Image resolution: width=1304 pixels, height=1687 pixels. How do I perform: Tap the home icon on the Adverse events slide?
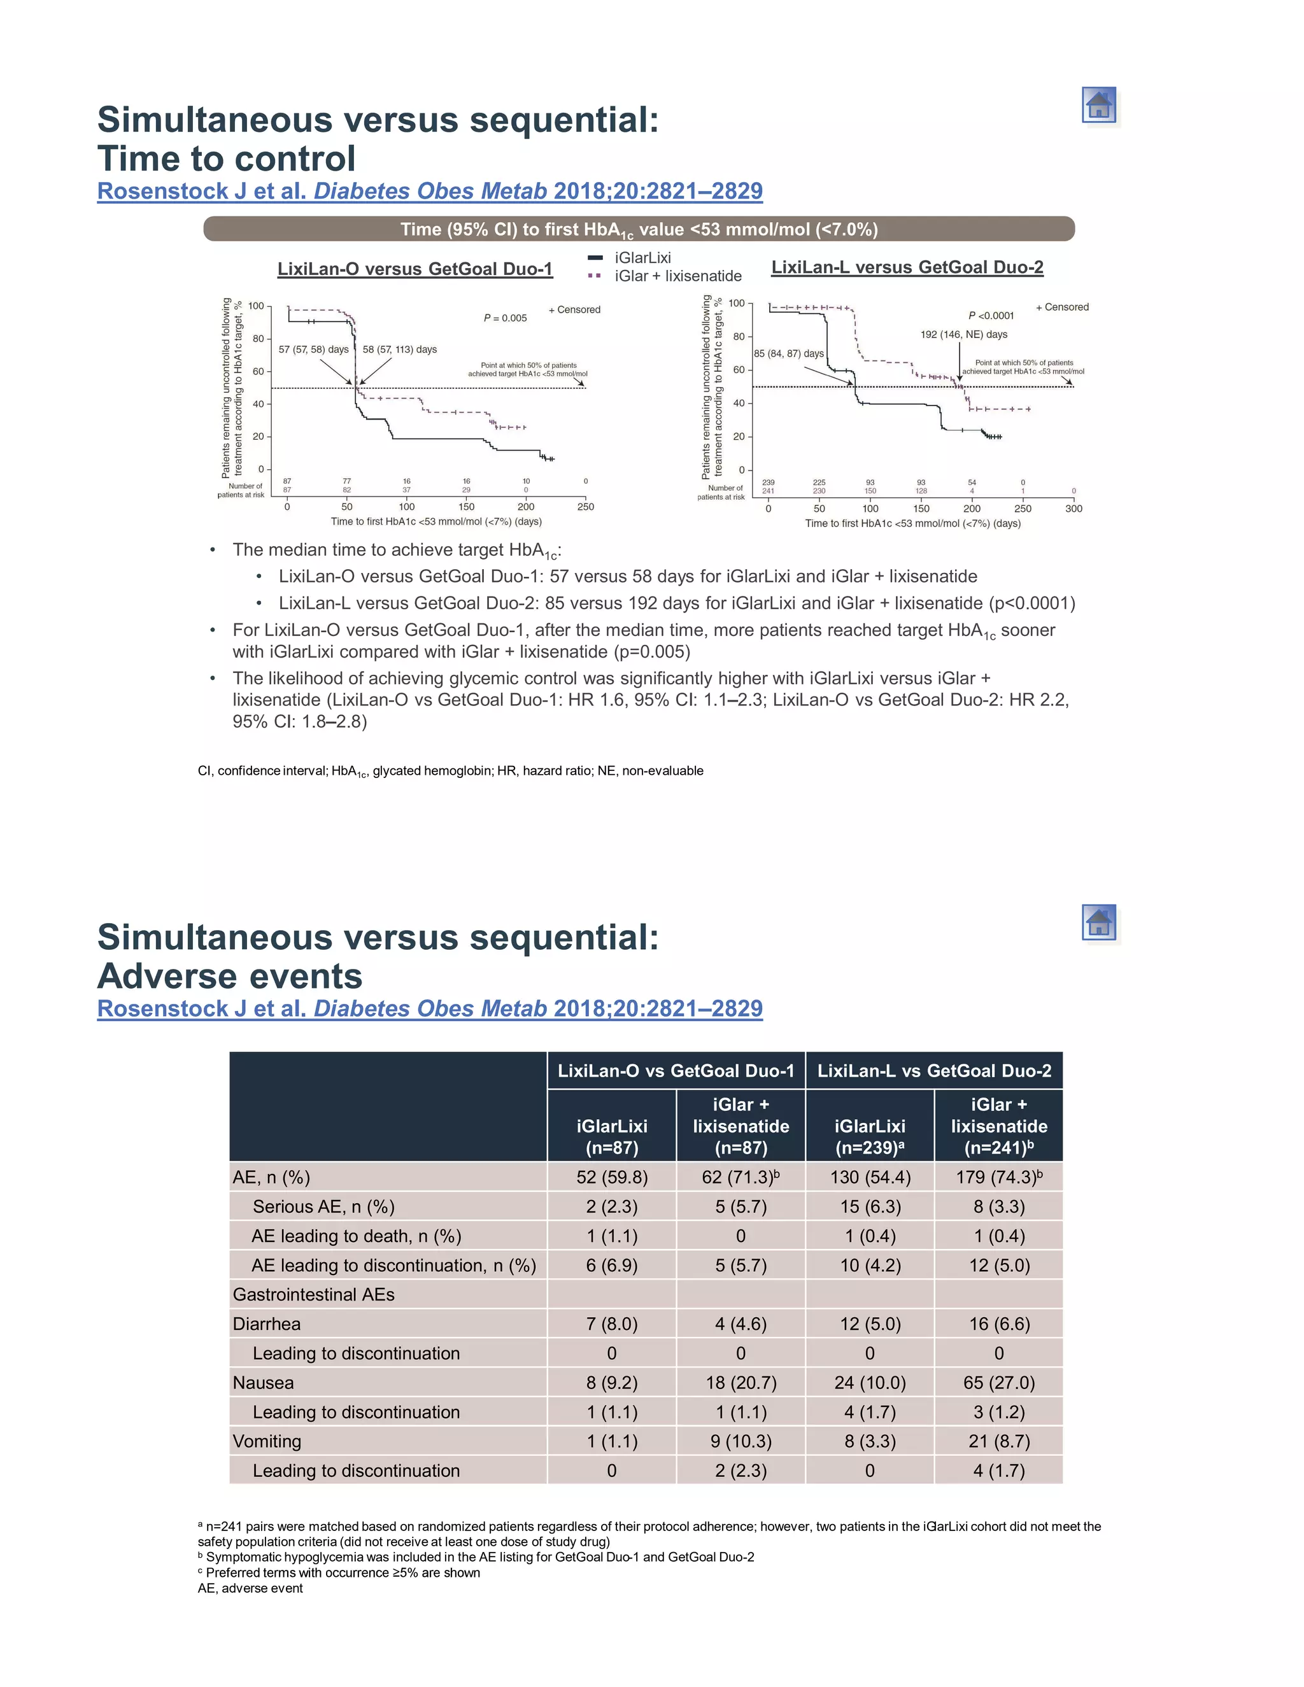click(x=1098, y=922)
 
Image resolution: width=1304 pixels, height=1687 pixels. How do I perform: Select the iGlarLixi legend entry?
click(x=642, y=258)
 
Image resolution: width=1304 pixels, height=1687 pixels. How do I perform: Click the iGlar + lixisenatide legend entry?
click(x=677, y=276)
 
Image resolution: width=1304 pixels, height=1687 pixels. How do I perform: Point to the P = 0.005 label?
click(x=505, y=318)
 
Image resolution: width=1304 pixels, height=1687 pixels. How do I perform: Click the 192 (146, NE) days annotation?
click(x=963, y=334)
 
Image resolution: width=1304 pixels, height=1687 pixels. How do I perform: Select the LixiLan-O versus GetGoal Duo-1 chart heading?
click(x=415, y=269)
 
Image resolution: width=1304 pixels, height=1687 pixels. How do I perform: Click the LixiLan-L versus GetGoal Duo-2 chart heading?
click(x=907, y=267)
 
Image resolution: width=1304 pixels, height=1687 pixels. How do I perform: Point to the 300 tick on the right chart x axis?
click(x=1073, y=508)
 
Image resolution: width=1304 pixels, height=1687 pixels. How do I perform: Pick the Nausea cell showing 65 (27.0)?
click(x=998, y=1383)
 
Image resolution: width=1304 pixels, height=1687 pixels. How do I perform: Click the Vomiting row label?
click(x=267, y=1441)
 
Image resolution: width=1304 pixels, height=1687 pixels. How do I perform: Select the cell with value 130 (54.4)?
click(x=870, y=1177)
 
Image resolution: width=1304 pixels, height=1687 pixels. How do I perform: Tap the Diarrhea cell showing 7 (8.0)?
click(x=611, y=1324)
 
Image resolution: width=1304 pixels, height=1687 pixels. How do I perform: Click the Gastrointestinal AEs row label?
click(x=314, y=1295)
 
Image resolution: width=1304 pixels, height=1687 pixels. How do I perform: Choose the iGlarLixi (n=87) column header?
click(x=611, y=1136)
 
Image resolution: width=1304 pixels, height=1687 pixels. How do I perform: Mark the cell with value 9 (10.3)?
click(x=740, y=1441)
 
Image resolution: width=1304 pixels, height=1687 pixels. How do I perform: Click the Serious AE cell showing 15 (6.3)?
click(x=870, y=1206)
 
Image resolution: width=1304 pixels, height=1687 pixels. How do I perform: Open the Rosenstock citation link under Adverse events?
click(x=430, y=1009)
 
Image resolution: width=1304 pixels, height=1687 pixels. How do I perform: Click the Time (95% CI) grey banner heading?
click(x=638, y=229)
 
